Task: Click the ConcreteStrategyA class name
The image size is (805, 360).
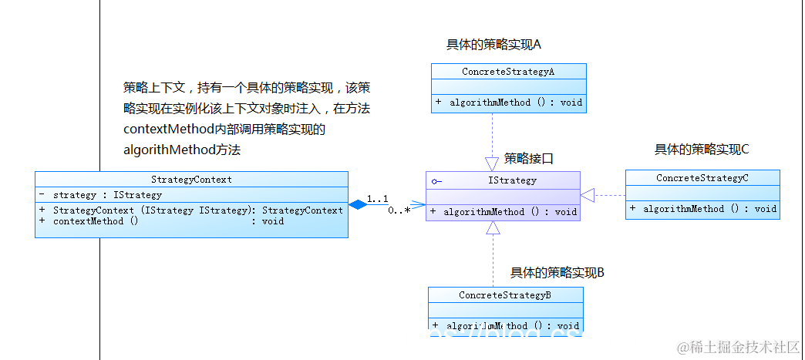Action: click(508, 72)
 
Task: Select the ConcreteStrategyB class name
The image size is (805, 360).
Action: click(505, 295)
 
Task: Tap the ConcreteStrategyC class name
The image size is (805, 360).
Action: click(702, 178)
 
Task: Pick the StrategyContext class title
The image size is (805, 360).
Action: click(191, 180)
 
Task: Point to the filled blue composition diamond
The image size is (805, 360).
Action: click(357, 205)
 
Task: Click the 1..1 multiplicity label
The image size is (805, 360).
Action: click(377, 198)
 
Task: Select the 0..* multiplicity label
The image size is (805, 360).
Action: click(399, 210)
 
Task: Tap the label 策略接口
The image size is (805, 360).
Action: click(529, 159)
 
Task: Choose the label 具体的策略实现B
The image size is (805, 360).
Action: click(557, 272)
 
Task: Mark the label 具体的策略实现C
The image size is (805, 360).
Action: click(702, 150)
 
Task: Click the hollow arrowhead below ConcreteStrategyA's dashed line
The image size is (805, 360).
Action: click(492, 163)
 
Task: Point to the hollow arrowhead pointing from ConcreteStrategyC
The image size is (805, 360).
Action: click(588, 195)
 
